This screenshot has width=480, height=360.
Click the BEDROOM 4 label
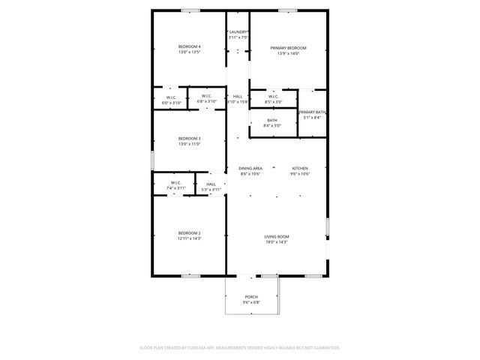click(x=189, y=47)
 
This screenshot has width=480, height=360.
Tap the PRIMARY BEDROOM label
click(x=288, y=48)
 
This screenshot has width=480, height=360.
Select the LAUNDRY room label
click(x=238, y=31)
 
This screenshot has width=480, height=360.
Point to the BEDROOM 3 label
click(x=189, y=138)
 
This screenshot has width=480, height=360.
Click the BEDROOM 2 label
click(x=189, y=233)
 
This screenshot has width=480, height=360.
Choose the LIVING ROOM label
click(x=277, y=237)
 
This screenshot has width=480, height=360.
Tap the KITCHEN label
click(x=300, y=168)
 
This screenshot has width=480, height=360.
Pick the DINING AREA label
click(x=250, y=168)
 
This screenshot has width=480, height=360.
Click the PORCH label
click(x=251, y=297)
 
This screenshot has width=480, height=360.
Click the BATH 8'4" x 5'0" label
click(x=271, y=120)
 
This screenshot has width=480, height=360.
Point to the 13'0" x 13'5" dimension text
click(x=189, y=52)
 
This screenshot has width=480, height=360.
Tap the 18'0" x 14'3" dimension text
click(x=277, y=242)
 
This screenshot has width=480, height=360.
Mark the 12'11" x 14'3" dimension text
click(x=189, y=238)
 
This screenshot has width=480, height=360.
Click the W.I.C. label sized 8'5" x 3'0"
click(x=273, y=96)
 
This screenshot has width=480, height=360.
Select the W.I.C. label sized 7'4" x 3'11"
click(x=175, y=183)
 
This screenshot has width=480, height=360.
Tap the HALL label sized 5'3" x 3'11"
click(x=211, y=184)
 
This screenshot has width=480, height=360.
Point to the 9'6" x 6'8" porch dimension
click(x=251, y=302)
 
